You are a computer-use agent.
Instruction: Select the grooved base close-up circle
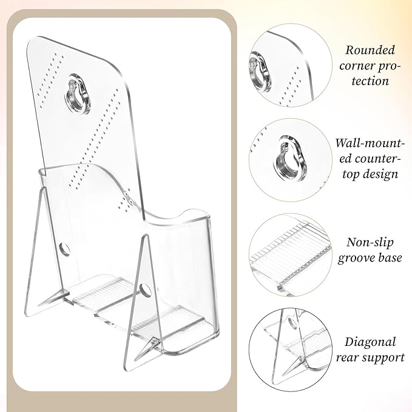click(x=290, y=254)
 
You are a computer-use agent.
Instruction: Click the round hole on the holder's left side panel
click(x=64, y=248)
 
